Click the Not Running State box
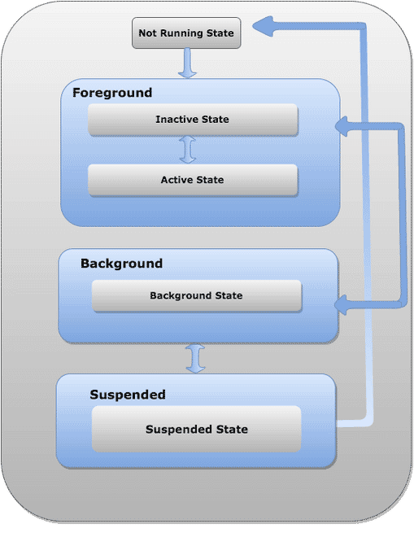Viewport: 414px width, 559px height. (186, 33)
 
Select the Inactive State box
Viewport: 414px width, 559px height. (193, 120)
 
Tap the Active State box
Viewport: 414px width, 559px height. (193, 180)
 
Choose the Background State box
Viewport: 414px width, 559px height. (197, 295)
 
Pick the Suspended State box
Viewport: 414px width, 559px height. (196, 429)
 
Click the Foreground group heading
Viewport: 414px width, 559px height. (112, 93)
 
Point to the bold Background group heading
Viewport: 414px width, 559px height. (121, 264)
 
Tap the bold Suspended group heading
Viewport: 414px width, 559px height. (128, 395)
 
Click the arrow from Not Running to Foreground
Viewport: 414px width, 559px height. (187, 63)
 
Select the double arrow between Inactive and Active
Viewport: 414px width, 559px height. (188, 150)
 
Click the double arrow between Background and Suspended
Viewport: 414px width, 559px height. (195, 358)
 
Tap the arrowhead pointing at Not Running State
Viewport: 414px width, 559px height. (263, 26)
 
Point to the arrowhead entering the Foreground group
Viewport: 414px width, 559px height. (342, 126)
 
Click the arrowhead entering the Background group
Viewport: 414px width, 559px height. (341, 305)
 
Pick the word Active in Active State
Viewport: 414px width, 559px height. (176, 180)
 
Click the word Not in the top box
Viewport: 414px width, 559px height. (148, 33)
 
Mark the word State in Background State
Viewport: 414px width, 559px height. (229, 295)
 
